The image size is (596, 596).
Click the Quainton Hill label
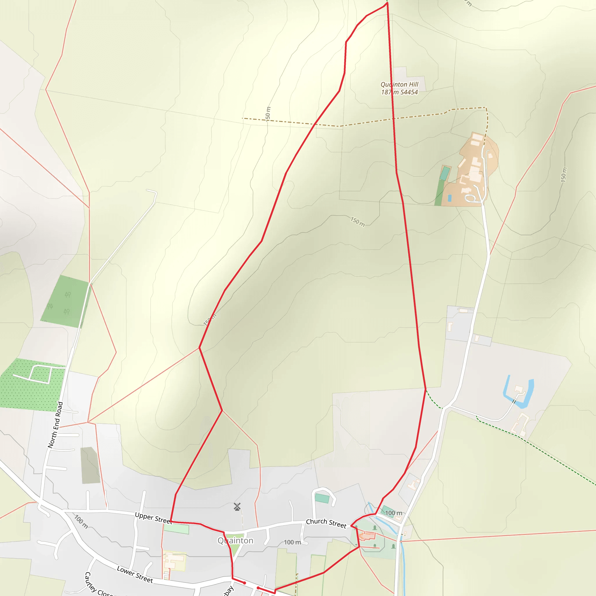[x=399, y=88]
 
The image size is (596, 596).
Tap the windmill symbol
[x=237, y=507]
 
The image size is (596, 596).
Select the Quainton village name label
[x=235, y=540]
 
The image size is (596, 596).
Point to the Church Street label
[x=326, y=523]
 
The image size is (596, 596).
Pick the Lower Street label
[x=135, y=574]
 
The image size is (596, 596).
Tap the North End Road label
[x=56, y=425]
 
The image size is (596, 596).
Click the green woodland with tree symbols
[x=66, y=302]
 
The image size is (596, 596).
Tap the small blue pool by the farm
[x=449, y=198]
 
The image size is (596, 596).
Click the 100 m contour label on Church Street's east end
[x=394, y=513]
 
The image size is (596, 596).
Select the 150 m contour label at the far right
[x=563, y=175]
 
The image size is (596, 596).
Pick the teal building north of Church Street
[x=322, y=498]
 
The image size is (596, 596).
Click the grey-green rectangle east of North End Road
[x=90, y=465]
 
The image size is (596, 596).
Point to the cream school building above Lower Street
[x=174, y=560]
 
